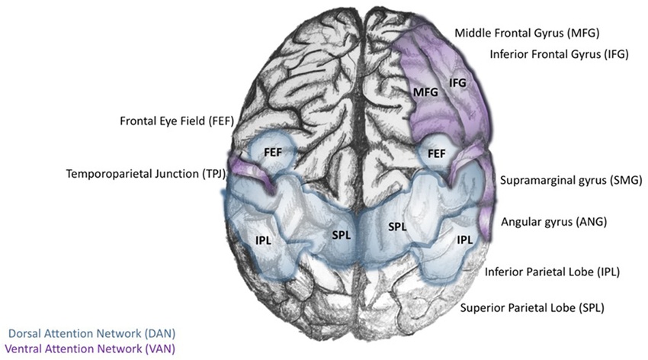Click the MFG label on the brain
425,92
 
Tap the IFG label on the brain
457,82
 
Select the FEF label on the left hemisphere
273,152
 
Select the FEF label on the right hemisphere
437,153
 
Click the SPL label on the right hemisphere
396,227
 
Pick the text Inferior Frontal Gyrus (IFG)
559,55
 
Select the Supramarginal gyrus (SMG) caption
571,181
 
